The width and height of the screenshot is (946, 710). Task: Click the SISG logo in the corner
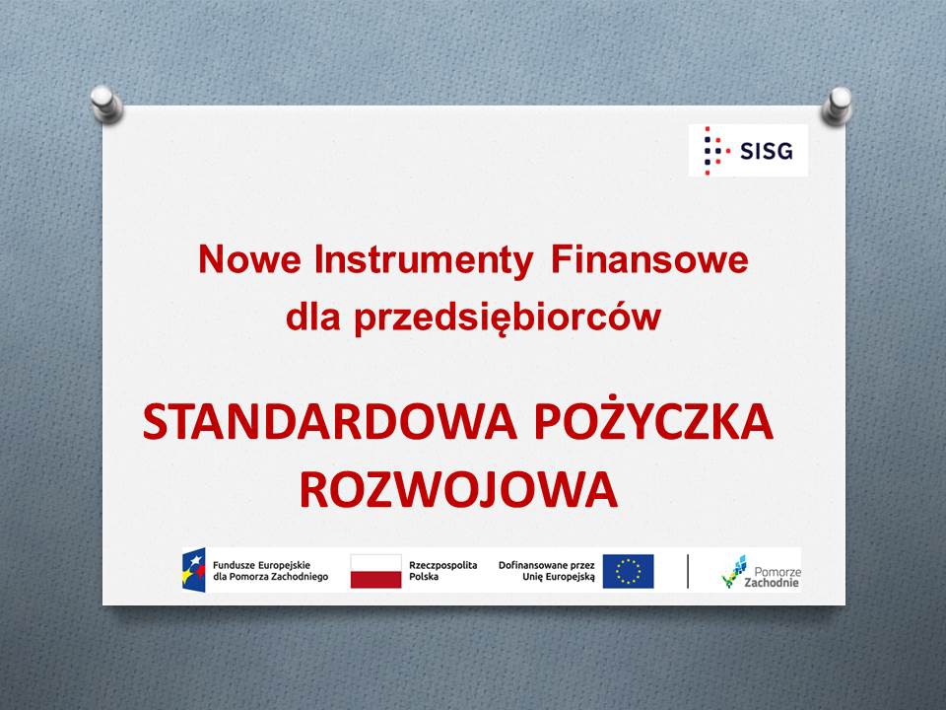click(x=748, y=150)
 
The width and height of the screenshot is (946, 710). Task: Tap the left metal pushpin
click(x=106, y=105)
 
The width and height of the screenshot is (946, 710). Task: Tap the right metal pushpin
click(x=837, y=106)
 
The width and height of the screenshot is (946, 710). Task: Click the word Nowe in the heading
click(x=249, y=259)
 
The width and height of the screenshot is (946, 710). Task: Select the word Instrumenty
click(x=424, y=260)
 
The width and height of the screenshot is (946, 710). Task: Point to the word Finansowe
click(x=649, y=259)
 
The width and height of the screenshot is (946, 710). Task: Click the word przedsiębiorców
click(x=507, y=317)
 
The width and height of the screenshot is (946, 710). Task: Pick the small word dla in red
click(x=312, y=316)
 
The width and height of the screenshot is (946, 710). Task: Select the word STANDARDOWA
click(x=330, y=422)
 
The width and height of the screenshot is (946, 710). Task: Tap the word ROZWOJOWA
click(x=458, y=490)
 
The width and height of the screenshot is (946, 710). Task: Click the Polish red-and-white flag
click(x=375, y=571)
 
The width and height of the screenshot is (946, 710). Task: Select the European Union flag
click(x=628, y=571)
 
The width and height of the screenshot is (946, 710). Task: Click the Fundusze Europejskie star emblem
click(x=194, y=570)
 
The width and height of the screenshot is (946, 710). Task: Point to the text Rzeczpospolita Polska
click(x=442, y=571)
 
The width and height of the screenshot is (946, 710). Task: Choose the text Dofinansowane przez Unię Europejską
click(x=547, y=571)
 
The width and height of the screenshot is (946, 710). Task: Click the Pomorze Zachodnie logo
click(x=762, y=571)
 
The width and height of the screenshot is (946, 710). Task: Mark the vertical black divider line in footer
click(x=688, y=571)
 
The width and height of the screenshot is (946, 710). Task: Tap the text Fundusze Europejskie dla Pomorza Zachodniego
click(x=270, y=571)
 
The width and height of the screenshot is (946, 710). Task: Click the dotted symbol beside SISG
click(x=715, y=150)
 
